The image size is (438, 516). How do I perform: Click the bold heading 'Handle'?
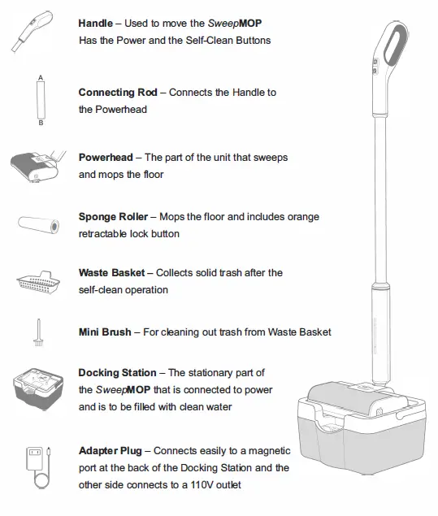tap(96, 22)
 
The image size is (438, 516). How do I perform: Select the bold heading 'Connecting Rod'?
tap(118, 93)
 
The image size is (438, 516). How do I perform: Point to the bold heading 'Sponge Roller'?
tap(113, 217)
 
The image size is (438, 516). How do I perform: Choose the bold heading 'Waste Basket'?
tap(111, 272)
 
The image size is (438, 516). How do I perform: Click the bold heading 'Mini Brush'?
tap(105, 332)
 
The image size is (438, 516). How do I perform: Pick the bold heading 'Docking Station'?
tap(116, 372)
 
